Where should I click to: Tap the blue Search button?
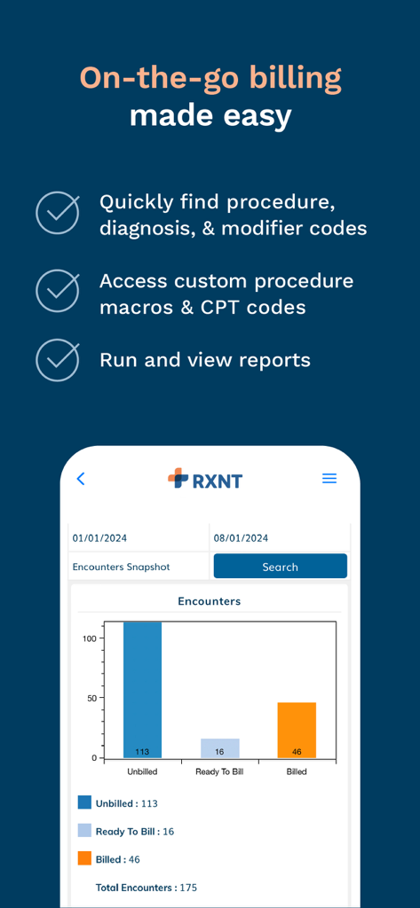coord(280,567)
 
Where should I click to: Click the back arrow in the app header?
coord(81,479)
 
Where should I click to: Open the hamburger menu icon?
coord(329,479)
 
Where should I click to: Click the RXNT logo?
coord(205,480)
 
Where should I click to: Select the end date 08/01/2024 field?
coord(279,537)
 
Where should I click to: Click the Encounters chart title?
coord(209,601)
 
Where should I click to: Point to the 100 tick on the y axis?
coord(90,638)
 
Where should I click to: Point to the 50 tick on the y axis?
coord(92,698)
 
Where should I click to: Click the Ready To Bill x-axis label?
coord(219,772)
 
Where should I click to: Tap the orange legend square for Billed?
coord(84,858)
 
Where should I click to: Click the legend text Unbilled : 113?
coord(126,803)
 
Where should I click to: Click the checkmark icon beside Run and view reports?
coord(58,359)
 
